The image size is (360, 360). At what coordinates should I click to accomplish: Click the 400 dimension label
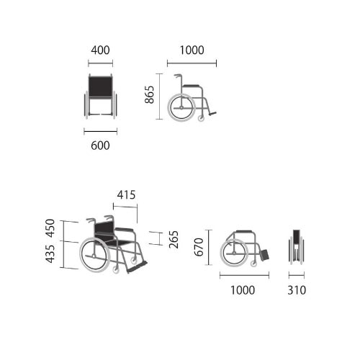coord(100,50)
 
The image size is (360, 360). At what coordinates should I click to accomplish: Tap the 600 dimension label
coord(100,145)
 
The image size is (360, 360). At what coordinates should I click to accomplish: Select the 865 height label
coord(149,94)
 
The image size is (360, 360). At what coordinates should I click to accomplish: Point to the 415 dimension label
coord(126,195)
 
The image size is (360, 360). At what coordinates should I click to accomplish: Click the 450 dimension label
coord(50,228)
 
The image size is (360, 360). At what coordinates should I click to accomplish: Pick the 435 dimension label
coord(50,254)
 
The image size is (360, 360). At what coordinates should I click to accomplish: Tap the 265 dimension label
coord(174,240)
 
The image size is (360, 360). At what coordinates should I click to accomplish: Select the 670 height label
coord(199,247)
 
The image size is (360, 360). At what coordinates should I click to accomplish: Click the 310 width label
coord(297,290)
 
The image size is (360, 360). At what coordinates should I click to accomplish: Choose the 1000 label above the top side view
coord(192,50)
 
